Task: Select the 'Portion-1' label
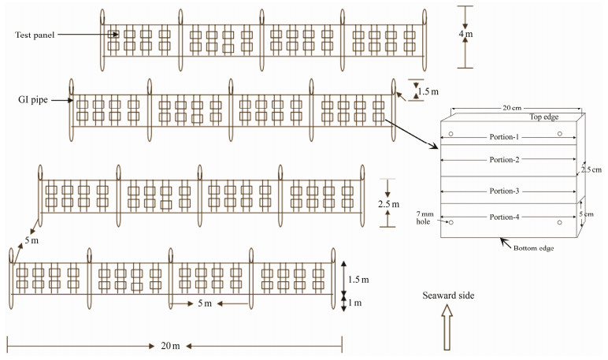pyautogui.click(x=506, y=138)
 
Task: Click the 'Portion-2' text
pyautogui.click(x=506, y=160)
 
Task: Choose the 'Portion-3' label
pyautogui.click(x=506, y=191)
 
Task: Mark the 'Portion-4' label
pyautogui.click(x=506, y=217)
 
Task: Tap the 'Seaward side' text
pyautogui.click(x=446, y=295)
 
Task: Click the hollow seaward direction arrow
pyautogui.click(x=447, y=327)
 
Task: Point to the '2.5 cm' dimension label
pyautogui.click(x=591, y=169)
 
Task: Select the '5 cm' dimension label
pyautogui.click(x=592, y=213)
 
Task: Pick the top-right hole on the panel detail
pyautogui.click(x=558, y=134)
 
